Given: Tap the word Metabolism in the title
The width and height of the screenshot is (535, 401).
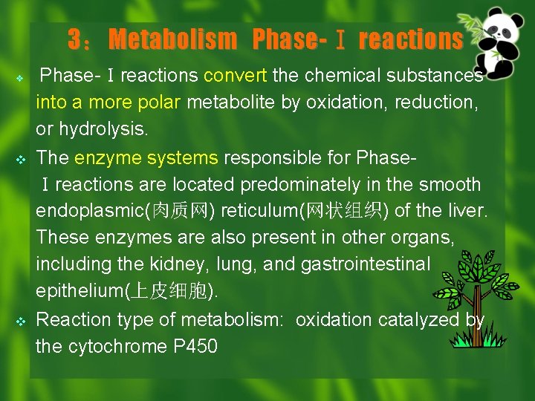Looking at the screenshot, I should click(172, 39).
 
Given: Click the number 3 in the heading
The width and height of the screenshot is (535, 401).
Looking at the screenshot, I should click(74, 39).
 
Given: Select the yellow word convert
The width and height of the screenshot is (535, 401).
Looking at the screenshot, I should click(236, 76).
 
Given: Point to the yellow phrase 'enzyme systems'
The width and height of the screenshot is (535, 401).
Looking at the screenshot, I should click(146, 157).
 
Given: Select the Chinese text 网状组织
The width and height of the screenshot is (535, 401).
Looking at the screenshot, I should click(343, 211).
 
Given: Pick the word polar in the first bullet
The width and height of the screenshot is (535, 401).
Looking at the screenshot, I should click(154, 102).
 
